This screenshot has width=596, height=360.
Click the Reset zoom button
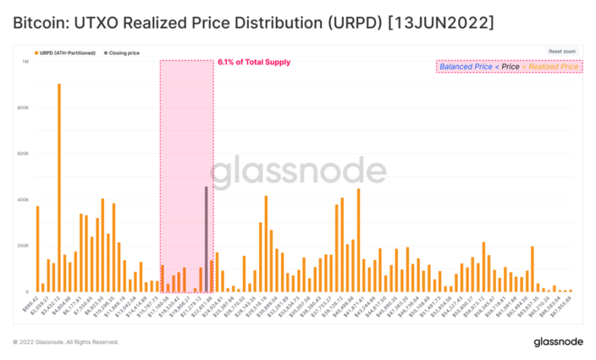[x=562, y=52]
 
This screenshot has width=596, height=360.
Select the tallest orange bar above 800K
[x=59, y=184]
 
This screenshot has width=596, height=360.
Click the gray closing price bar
[x=206, y=239]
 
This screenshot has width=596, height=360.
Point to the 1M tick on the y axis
[x=25, y=61]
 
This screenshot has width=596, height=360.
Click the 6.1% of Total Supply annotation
[x=254, y=62]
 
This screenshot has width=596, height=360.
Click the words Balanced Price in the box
[x=462, y=66]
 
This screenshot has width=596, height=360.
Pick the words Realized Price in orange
[x=553, y=66]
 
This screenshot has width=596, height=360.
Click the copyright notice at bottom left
[x=66, y=342]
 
